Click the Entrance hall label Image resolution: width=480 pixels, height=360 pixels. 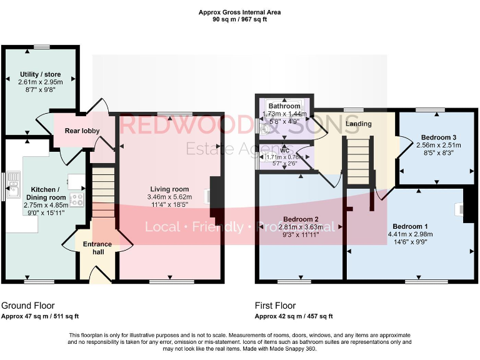coord(97,248)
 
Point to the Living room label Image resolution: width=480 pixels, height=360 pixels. coord(169,189)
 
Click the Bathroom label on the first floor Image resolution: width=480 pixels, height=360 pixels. coord(284,107)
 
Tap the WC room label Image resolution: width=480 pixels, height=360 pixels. coord(284,150)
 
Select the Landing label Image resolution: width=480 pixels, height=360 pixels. coord(359,124)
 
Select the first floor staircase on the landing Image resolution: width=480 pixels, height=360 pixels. coord(359,161)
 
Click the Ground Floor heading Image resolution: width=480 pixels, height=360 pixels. coord(25,306)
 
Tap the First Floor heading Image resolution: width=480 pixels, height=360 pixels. coord(275,306)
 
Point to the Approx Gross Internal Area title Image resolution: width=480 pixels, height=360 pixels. coord(239,12)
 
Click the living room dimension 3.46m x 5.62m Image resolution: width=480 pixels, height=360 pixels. coord(169,197)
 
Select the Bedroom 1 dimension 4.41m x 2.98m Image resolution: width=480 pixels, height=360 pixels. coord(410,234)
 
